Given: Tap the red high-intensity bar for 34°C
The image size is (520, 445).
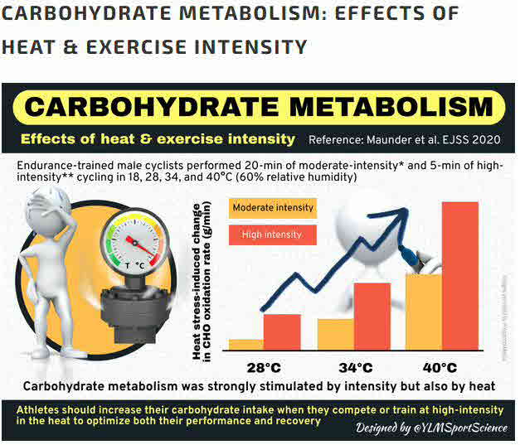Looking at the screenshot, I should click(372, 316).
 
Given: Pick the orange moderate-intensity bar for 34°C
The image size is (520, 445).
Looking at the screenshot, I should click(335, 334).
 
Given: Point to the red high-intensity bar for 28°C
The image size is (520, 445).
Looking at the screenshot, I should click(281, 331).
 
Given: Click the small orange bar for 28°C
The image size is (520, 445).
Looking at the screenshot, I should click(245, 344).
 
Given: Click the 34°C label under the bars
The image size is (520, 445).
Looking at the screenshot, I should click(352, 367).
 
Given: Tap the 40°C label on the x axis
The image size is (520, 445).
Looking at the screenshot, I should click(440, 367).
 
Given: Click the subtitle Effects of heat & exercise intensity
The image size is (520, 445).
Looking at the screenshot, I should click(157, 138).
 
